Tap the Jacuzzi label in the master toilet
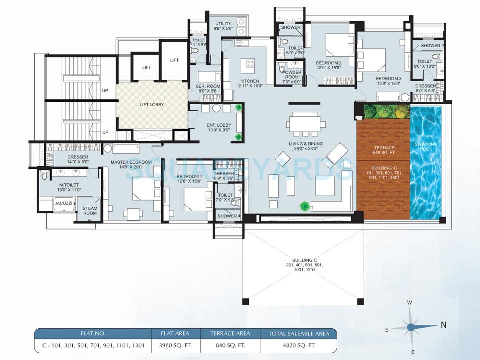(64, 204)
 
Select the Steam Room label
(90, 211)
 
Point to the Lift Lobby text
(152, 105)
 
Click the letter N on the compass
(443, 325)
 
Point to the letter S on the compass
(386, 329)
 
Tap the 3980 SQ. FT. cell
(176, 345)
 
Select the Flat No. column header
(93, 333)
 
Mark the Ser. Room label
(207, 88)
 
